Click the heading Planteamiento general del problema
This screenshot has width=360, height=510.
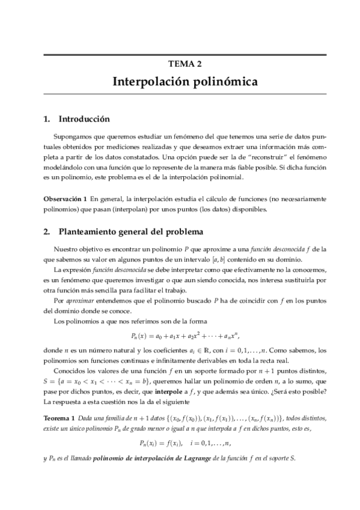click(x=123, y=231)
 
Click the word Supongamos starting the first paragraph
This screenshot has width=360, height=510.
click(x=74, y=137)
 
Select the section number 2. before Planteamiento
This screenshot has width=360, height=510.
click(x=47, y=231)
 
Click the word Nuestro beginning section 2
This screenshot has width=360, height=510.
click(x=67, y=248)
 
